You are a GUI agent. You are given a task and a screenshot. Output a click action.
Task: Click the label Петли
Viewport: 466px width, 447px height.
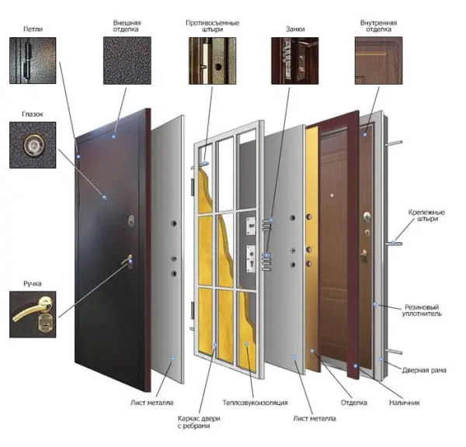click(x=33, y=29)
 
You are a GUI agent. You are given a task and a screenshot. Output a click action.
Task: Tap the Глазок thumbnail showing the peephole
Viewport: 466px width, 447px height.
click(x=33, y=145)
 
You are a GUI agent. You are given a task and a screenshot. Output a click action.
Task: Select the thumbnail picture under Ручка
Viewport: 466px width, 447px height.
click(x=33, y=314)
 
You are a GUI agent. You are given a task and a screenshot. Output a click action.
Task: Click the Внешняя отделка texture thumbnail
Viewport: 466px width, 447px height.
click(x=127, y=61)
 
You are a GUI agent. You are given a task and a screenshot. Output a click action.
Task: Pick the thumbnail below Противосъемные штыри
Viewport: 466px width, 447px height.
click(x=213, y=61)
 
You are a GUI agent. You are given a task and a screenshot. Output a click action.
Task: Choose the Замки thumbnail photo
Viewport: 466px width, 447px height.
click(x=295, y=61)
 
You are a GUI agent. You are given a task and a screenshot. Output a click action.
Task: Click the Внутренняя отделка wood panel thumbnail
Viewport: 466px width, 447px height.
click(x=379, y=61)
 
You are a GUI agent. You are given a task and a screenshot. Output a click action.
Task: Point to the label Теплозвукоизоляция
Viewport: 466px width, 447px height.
click(x=256, y=403)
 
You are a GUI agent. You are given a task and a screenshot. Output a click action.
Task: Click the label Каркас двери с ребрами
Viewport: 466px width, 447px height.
click(x=199, y=422)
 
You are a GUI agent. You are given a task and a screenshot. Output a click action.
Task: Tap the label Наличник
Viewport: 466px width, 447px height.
click(x=404, y=403)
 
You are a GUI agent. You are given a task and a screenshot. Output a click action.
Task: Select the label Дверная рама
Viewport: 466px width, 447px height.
click(x=424, y=370)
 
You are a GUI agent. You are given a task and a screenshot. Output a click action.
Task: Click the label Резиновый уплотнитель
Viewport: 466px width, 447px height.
click(x=422, y=310)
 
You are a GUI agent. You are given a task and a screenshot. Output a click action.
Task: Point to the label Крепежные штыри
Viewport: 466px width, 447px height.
click(x=426, y=216)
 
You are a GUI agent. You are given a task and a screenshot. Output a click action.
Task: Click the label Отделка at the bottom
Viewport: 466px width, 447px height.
click(x=354, y=403)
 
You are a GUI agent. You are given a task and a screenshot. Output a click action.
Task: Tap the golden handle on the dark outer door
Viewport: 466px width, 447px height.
click(x=127, y=262)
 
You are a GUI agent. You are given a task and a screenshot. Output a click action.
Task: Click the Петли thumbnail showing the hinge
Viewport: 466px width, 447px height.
click(x=33, y=61)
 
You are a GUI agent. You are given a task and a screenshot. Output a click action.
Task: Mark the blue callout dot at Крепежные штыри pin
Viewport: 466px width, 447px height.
click(x=393, y=243)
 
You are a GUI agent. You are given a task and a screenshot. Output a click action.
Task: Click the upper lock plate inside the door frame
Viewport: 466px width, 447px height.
click(x=251, y=226)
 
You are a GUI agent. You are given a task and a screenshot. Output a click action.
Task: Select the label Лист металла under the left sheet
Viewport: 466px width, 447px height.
click(x=151, y=403)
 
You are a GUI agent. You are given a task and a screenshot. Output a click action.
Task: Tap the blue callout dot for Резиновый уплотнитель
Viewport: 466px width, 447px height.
click(x=375, y=304)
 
